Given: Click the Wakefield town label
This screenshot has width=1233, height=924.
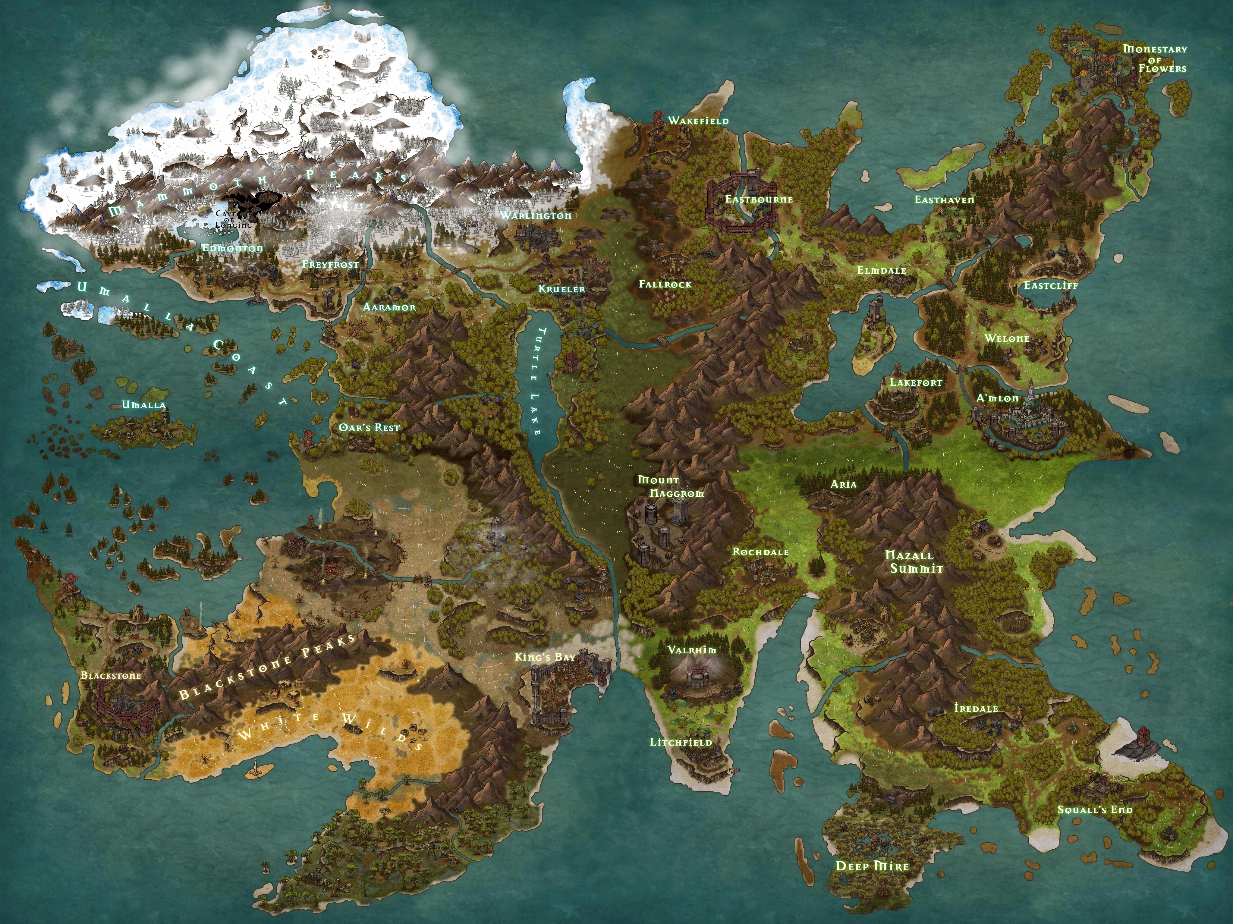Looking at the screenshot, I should [x=698, y=120].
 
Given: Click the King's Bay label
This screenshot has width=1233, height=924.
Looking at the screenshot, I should [x=545, y=657].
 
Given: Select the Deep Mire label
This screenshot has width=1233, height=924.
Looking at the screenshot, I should [x=872, y=866].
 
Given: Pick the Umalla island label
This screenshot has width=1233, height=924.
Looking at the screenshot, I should [x=144, y=405].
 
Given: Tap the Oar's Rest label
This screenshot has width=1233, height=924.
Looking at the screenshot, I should [x=369, y=427].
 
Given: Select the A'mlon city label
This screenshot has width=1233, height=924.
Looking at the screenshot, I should [x=997, y=398].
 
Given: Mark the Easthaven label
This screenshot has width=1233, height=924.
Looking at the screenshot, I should [x=944, y=200].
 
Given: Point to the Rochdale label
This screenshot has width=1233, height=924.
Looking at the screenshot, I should [x=760, y=552].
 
